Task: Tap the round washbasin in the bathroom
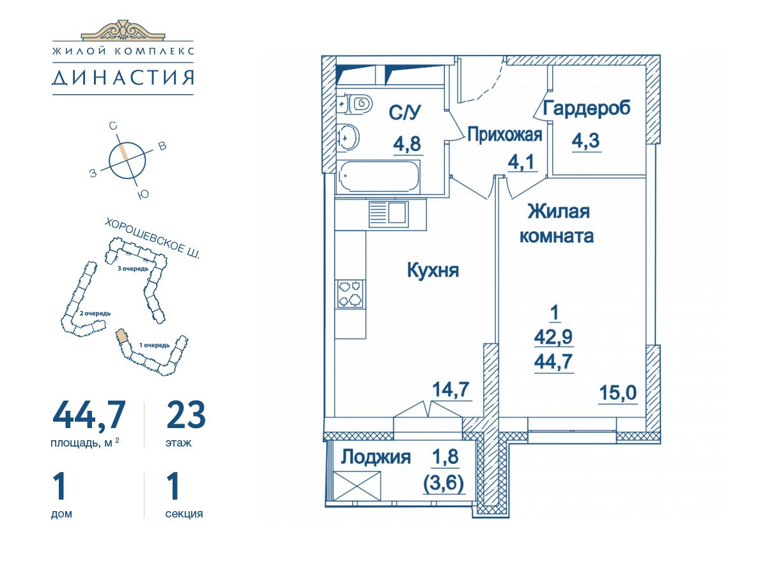[348, 137]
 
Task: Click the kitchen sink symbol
[389, 214]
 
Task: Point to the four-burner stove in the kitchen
[350, 294]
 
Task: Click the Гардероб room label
[587, 108]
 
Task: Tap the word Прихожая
[505, 135]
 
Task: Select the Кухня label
[433, 270]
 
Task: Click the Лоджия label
[376, 457]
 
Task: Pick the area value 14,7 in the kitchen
[451, 390]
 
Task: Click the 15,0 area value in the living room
[618, 393]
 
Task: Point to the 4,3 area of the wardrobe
[585, 141]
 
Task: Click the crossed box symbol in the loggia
[357, 486]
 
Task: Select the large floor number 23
[185, 415]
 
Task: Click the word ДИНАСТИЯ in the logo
[123, 77]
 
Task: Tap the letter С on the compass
[112, 126]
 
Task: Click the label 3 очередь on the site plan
[133, 269]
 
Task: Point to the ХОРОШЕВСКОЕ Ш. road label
[152, 238]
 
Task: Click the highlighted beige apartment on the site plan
[121, 335]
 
